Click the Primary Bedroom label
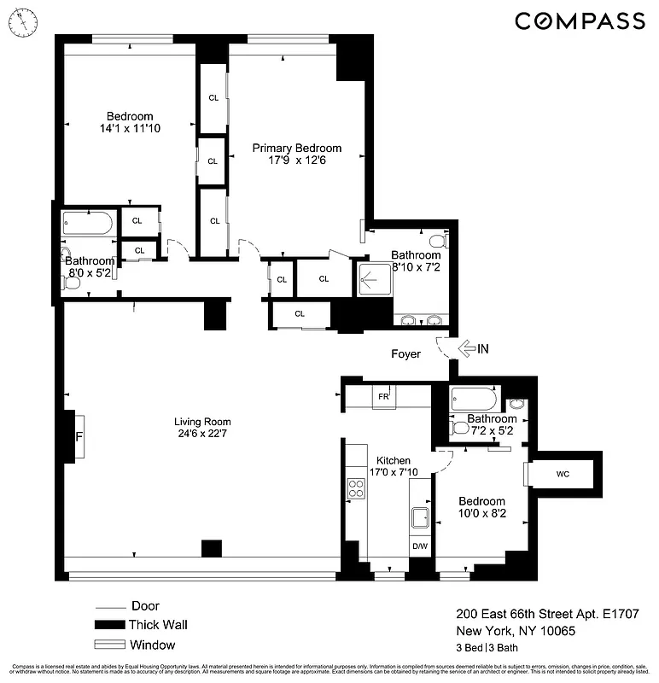coord(296,148)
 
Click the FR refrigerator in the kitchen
coord(383,397)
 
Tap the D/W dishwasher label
coord(420,546)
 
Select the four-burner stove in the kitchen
coord(356,488)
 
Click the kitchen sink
coord(420,517)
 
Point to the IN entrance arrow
coord(470,348)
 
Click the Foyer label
coord(405,353)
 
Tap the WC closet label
coord(563,473)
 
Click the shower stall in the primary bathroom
coord(373,277)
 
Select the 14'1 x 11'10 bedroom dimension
coord(129,129)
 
